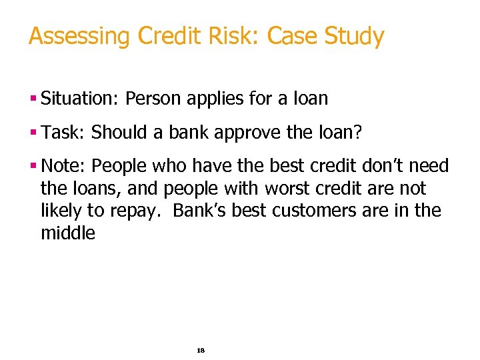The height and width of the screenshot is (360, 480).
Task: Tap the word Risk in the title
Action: coord(237,36)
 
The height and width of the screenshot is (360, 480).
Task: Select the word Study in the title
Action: coord(355,36)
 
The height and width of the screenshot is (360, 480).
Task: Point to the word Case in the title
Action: coord(293,36)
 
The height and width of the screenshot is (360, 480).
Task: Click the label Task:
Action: coord(63,132)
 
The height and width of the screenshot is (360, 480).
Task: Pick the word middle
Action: coord(68,233)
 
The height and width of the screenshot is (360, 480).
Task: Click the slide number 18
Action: coord(201,349)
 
